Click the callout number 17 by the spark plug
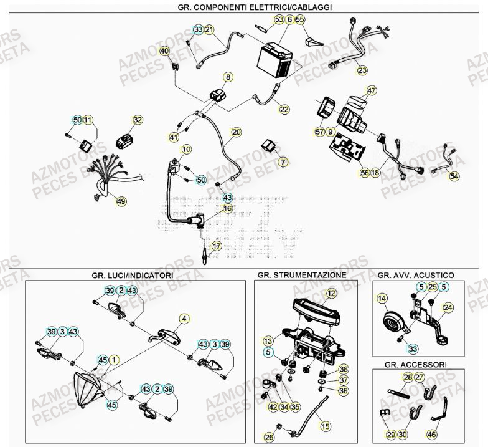pyautogui.click(x=216, y=246)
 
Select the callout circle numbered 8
pyautogui.click(x=228, y=77)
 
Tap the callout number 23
pyautogui.click(x=362, y=70)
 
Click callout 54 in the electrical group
pyautogui.click(x=455, y=177)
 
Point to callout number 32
pyautogui.click(x=138, y=120)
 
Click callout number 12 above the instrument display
pyautogui.click(x=331, y=292)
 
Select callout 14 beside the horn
pyautogui.click(x=381, y=299)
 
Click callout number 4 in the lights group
pyautogui.click(x=184, y=319)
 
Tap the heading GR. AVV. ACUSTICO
pyautogui.click(x=415, y=274)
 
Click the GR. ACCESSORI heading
pyautogui.click(x=415, y=364)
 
